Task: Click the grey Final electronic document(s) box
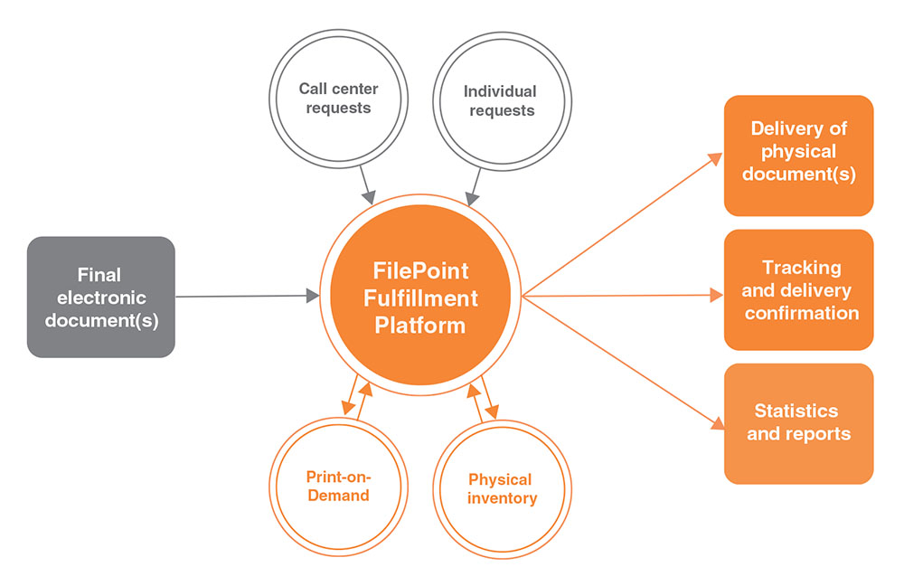coord(100,297)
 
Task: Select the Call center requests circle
coord(338,99)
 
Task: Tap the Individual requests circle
coord(499,101)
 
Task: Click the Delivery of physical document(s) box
coord(798,155)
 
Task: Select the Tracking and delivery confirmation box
coord(798,289)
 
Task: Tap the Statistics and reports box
coord(798,423)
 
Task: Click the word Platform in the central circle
coord(420,324)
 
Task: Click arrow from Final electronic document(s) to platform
coord(244,296)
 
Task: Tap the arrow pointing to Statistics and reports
coord(624,362)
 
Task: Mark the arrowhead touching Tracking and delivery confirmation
coord(717,295)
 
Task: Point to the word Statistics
coord(796,411)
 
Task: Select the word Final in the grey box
coord(99,274)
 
